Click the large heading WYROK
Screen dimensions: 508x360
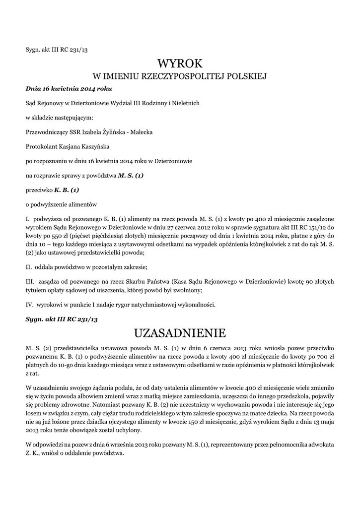[x=180, y=63]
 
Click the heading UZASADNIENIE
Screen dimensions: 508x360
[x=180, y=332]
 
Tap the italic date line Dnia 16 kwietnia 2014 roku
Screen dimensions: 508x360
[x=69, y=89]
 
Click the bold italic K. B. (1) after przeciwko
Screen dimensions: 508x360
[x=67, y=190]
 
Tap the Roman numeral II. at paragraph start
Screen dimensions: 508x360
[x=28, y=267]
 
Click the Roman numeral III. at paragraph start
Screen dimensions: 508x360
[x=29, y=281]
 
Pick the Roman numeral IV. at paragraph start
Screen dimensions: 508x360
[x=29, y=304]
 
